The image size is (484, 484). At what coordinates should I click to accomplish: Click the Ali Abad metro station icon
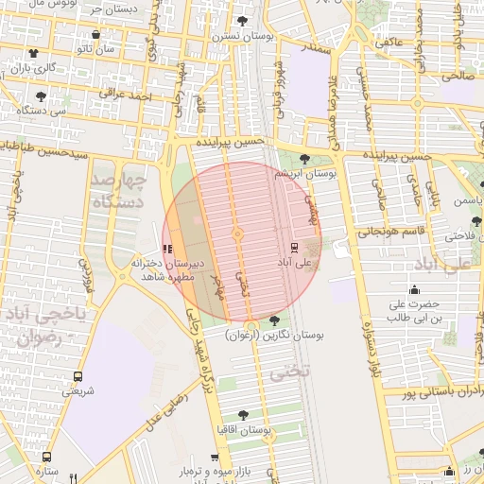point(294,248)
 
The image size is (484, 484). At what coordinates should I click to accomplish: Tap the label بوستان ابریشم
point(301,174)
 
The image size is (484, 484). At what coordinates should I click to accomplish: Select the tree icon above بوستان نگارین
point(275,321)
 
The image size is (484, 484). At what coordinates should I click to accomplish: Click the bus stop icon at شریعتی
point(78,376)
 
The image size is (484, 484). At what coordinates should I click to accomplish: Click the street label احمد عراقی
point(128,96)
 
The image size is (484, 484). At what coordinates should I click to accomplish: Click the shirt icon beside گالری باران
point(35,54)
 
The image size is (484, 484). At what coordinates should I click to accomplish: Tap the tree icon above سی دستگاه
point(40,96)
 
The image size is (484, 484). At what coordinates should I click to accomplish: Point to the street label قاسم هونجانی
point(384,231)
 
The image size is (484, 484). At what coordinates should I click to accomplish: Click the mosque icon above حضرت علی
point(414,290)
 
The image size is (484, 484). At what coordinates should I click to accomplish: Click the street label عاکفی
point(388,42)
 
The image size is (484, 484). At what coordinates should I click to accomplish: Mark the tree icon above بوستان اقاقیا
point(243,415)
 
